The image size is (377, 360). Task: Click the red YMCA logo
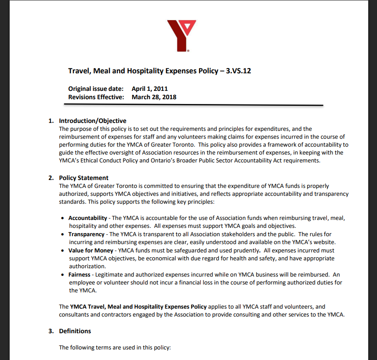(x=181, y=35)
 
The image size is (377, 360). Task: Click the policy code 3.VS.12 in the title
(x=238, y=71)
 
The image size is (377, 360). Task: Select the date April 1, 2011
(x=150, y=89)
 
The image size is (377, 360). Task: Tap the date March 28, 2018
(x=154, y=97)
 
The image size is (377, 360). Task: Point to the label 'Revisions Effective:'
(x=96, y=97)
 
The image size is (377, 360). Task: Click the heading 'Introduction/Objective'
(x=93, y=121)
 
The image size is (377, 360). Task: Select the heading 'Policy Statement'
(x=84, y=178)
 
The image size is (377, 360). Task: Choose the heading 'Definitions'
(x=75, y=331)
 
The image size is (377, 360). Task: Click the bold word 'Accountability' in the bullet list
(x=88, y=218)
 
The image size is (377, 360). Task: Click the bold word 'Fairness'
(x=80, y=275)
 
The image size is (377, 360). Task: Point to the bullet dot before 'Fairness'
(x=64, y=275)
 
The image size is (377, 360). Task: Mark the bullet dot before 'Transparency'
(x=64, y=234)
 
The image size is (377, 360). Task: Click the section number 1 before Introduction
(x=51, y=121)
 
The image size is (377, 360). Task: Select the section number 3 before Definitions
(x=51, y=331)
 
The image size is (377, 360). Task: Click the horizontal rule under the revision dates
(x=193, y=105)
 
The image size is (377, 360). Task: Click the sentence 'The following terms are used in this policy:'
(x=115, y=347)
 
